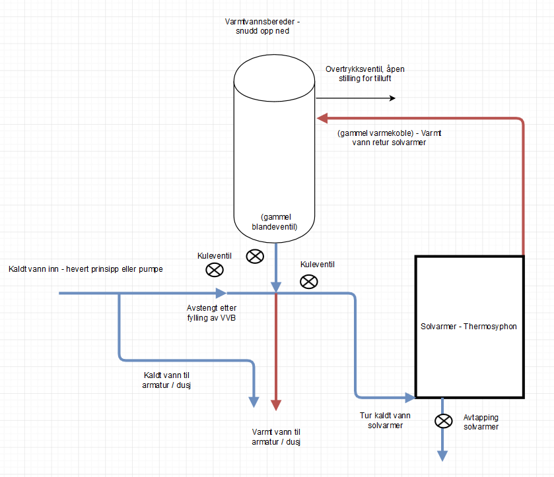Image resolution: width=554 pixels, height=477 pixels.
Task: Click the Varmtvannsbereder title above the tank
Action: coord(261,26)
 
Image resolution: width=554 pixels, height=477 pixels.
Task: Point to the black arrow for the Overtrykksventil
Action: coord(392,98)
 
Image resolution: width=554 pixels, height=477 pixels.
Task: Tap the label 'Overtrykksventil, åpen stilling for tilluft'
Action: coord(369,74)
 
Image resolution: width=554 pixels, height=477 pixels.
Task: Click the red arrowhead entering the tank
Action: coord(322,118)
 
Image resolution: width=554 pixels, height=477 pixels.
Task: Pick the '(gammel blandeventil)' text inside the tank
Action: coord(275,222)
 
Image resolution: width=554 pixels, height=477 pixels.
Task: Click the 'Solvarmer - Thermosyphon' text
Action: coord(468,327)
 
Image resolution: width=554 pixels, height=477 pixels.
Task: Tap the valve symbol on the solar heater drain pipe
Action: coord(442,420)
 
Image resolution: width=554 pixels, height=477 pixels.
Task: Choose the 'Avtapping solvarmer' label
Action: coord(481,422)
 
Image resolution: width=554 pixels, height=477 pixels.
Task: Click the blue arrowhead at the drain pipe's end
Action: coord(442,456)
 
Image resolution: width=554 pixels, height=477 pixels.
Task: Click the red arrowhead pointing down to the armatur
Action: coord(276,404)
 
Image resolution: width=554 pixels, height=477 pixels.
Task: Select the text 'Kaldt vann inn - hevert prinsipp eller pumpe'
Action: coord(86,269)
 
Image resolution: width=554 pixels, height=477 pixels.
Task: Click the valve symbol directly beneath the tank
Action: coord(255,256)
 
